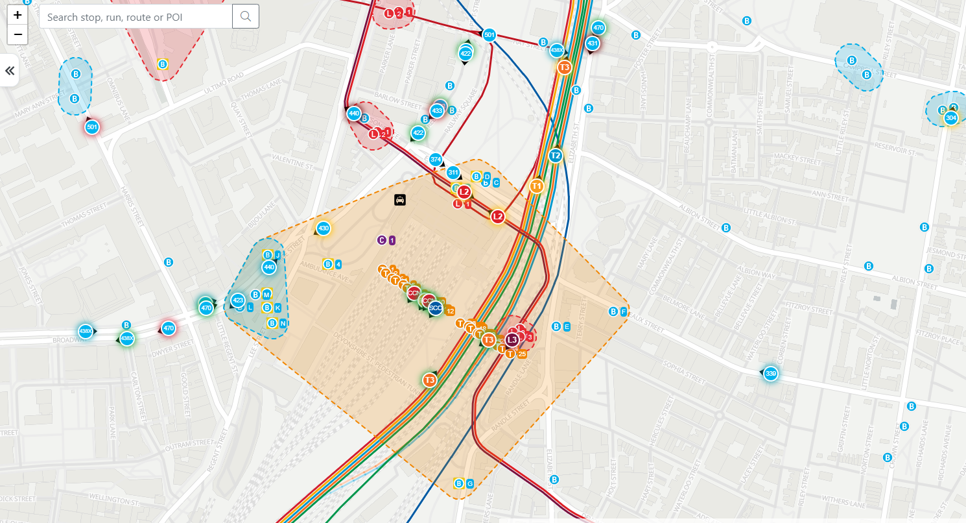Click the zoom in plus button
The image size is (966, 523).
pyautogui.click(x=18, y=14)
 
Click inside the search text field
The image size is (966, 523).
pyautogui.click(x=135, y=16)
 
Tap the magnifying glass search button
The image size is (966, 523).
pyautogui.click(x=246, y=16)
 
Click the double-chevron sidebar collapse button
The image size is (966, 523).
pyautogui.click(x=10, y=71)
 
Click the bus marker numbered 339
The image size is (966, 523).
pyautogui.click(x=770, y=374)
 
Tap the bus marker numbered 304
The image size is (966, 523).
pyautogui.click(x=950, y=117)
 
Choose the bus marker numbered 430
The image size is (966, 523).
pyautogui.click(x=324, y=228)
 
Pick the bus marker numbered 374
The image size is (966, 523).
pyautogui.click(x=436, y=160)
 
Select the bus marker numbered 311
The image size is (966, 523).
pyautogui.click(x=453, y=173)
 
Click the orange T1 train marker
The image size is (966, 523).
pyautogui.click(x=536, y=186)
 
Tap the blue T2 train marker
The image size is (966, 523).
pyautogui.click(x=555, y=156)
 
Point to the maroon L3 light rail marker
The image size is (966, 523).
pyautogui.click(x=512, y=339)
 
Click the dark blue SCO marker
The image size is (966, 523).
pyautogui.click(x=436, y=308)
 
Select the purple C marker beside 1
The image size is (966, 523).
pyautogui.click(x=381, y=240)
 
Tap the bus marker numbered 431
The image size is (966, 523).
pyautogui.click(x=592, y=43)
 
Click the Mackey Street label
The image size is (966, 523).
pyautogui.click(x=784, y=158)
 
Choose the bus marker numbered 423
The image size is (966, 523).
pyautogui.click(x=237, y=300)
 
